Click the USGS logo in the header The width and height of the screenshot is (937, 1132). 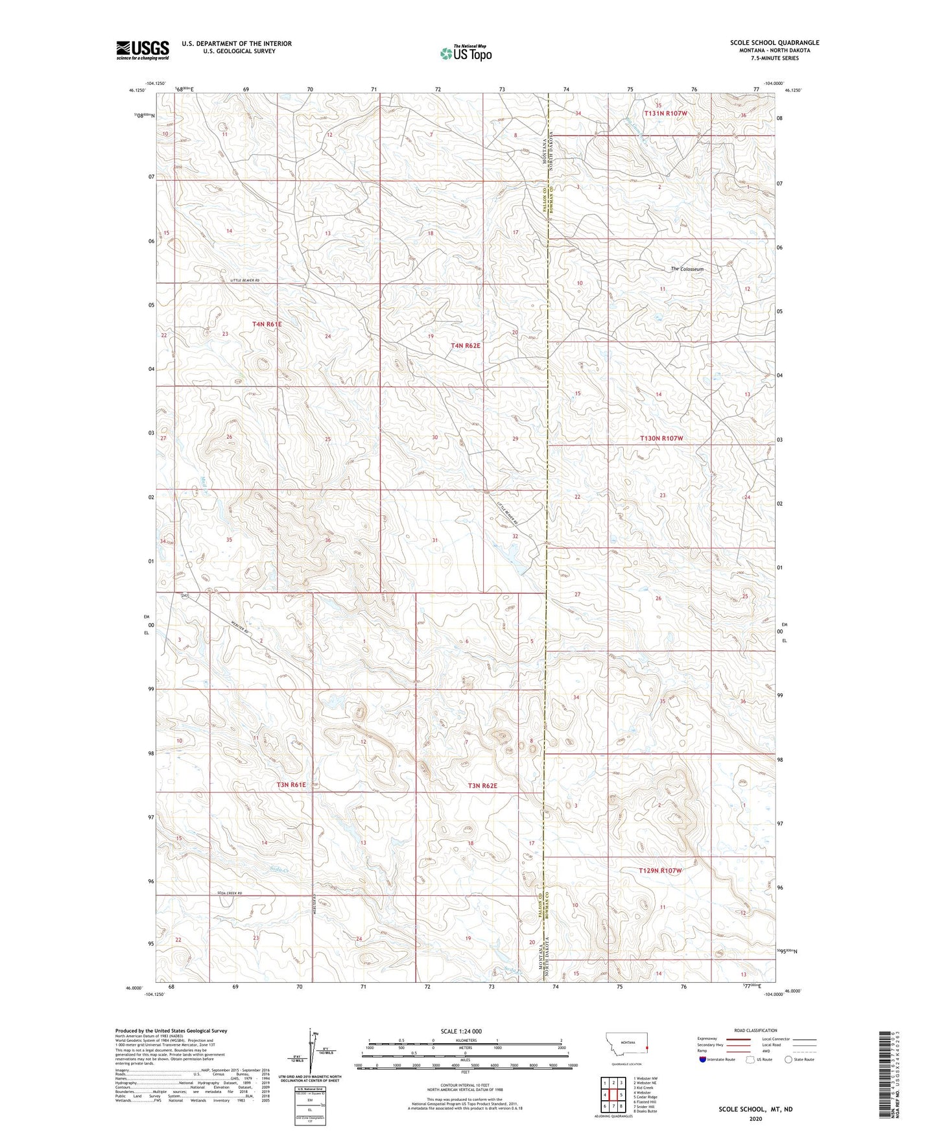tap(143, 50)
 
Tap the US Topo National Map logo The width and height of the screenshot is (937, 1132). tap(465, 53)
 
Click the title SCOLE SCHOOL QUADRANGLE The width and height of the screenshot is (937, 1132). tap(774, 43)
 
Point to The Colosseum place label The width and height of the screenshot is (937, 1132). tap(687, 269)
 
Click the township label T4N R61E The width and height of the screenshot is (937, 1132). tap(267, 324)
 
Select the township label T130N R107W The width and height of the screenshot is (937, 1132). tap(661, 438)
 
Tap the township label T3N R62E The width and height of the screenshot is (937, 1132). tap(482, 786)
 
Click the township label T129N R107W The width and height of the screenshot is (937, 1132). tap(660, 871)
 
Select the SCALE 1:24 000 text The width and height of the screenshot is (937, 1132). tap(461, 1031)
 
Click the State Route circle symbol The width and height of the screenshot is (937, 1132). tap(789, 1059)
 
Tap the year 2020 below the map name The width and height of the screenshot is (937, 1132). tap(755, 1118)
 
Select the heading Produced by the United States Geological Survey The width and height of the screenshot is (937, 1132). tap(171, 1030)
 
